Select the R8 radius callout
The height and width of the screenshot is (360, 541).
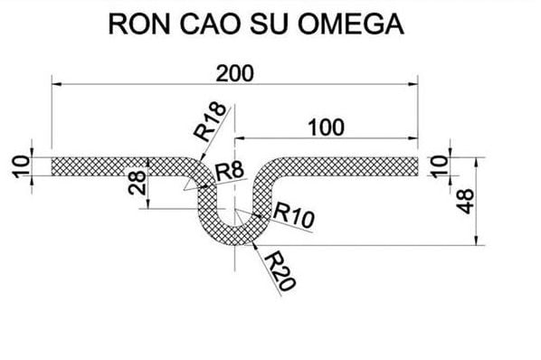point(229,170)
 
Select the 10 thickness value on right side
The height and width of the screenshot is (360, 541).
point(439,166)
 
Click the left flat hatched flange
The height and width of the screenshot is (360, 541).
point(109,166)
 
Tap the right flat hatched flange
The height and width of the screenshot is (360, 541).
point(362,166)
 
